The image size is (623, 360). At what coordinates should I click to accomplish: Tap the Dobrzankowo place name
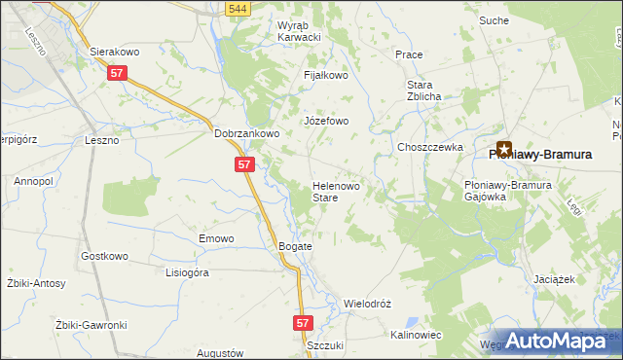click(247, 134)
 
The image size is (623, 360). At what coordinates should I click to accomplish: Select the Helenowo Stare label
click(338, 191)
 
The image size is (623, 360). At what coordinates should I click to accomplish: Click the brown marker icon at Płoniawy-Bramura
click(504, 149)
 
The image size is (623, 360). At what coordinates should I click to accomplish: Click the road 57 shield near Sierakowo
click(118, 73)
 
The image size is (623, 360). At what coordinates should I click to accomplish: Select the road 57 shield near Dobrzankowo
click(244, 165)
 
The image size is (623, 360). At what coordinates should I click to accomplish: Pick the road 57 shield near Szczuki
click(304, 321)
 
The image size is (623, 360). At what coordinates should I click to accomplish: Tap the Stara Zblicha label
click(425, 90)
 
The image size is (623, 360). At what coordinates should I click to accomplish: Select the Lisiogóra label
click(188, 273)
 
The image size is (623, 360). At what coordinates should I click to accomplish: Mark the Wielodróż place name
click(367, 304)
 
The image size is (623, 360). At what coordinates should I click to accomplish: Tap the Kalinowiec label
click(416, 335)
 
